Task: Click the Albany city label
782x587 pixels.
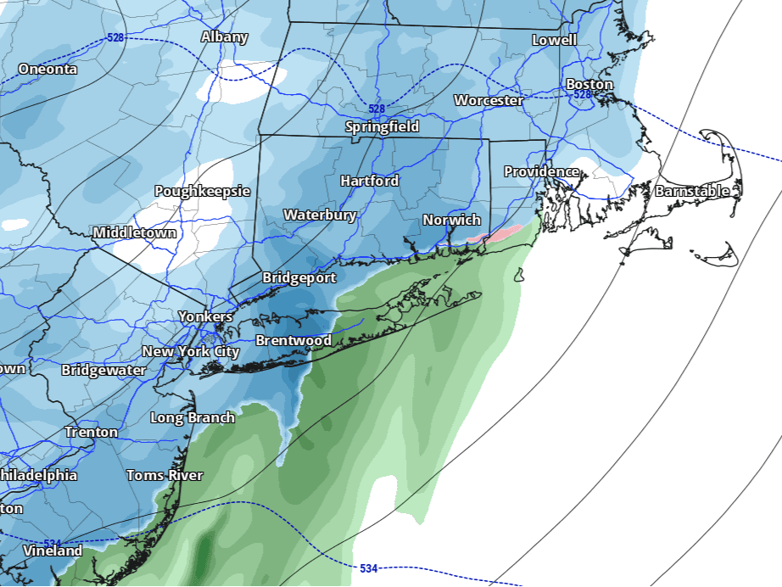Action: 224,36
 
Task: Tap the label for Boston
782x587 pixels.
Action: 589,84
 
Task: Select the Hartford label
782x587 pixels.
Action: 369,181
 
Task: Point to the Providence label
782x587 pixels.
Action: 541,171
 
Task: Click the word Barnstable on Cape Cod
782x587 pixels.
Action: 691,191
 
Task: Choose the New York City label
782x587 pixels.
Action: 191,351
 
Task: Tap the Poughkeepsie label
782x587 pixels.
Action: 202,191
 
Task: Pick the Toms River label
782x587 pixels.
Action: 165,475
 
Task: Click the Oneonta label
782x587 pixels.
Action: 47,69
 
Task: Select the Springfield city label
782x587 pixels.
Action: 382,126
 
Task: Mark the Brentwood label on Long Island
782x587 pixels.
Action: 293,340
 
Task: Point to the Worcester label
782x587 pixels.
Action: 489,100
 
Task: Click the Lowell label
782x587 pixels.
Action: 554,40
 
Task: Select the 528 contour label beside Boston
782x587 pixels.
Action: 582,95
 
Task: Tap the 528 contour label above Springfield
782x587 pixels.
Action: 377,109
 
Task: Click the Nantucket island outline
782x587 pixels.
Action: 723,252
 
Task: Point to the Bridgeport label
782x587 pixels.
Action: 299,277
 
